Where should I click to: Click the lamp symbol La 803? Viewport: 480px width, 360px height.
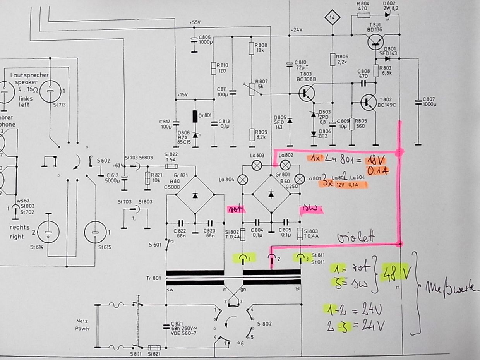click(x=256, y=165)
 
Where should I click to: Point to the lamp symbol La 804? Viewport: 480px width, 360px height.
click(x=243, y=180)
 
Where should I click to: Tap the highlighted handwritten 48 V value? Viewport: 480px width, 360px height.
click(x=396, y=274)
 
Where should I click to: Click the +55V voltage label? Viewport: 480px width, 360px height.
click(x=195, y=22)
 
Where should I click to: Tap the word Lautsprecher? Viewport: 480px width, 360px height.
click(x=27, y=75)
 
